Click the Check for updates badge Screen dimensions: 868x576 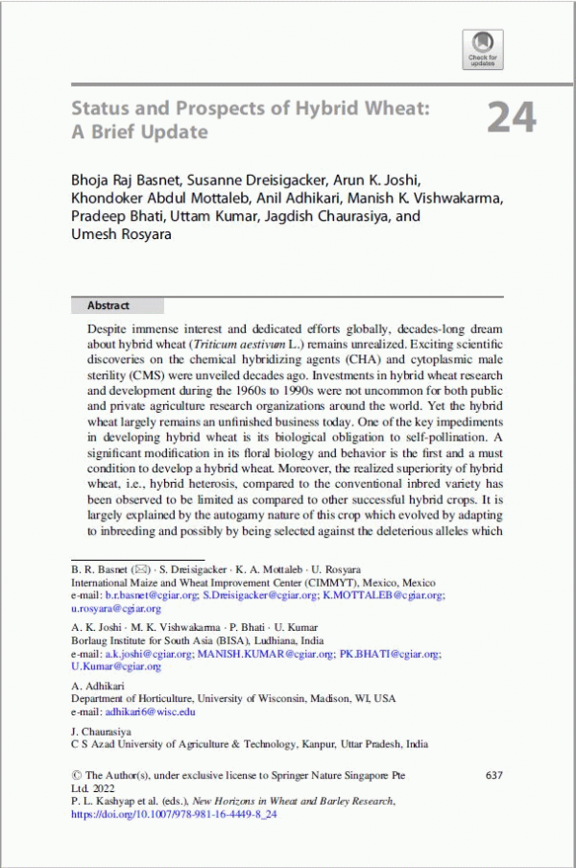pyautogui.click(x=483, y=48)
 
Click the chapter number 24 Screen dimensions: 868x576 pyautogui.click(x=511, y=117)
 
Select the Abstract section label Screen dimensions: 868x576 pyautogui.click(x=108, y=305)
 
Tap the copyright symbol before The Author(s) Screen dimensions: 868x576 pyautogui.click(x=77, y=775)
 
